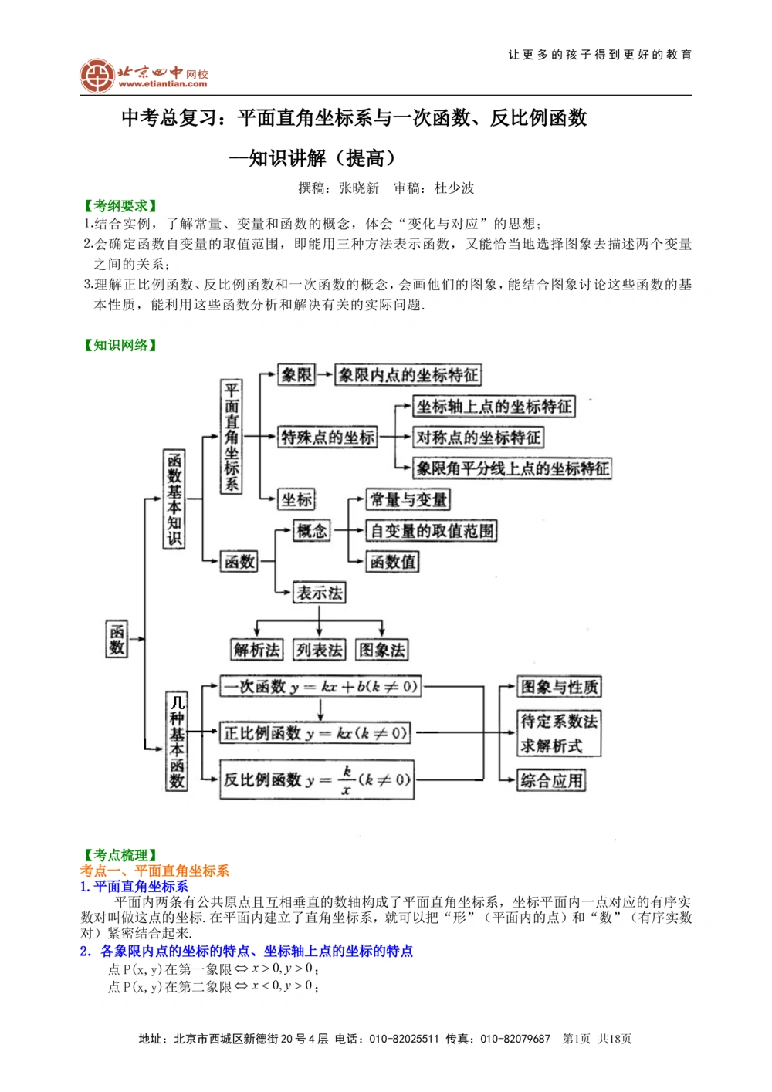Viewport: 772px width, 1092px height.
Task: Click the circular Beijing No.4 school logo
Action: pyautogui.click(x=97, y=76)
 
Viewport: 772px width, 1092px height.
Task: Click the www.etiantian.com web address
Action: pyautogui.click(x=163, y=84)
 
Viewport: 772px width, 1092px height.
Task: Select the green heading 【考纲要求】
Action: pyautogui.click(x=120, y=206)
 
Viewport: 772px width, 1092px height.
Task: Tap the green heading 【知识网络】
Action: pyautogui.click(x=120, y=345)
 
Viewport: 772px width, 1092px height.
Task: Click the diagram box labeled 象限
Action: pyautogui.click(x=296, y=375)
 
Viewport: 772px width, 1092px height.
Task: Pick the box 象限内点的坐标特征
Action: pyautogui.click(x=408, y=375)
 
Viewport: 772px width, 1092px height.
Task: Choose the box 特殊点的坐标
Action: pyautogui.click(x=327, y=438)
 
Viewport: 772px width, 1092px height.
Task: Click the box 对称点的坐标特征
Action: pyautogui.click(x=478, y=438)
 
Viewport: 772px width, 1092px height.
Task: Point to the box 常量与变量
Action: pyautogui.click(x=408, y=499)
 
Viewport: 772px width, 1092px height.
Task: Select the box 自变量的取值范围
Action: pyautogui.click(x=431, y=531)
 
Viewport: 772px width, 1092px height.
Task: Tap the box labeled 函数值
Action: pyautogui.click(x=392, y=562)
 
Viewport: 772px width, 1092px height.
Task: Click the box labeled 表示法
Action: pyautogui.click(x=320, y=593)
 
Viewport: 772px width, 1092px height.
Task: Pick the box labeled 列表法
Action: pyautogui.click(x=319, y=650)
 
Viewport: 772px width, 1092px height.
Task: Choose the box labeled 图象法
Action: pyautogui.click(x=381, y=650)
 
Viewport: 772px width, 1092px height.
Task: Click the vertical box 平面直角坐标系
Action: pyautogui.click(x=231, y=437)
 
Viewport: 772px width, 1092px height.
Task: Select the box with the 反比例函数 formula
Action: pyautogui.click(x=317, y=779)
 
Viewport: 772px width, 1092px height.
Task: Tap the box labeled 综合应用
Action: pyautogui.click(x=551, y=780)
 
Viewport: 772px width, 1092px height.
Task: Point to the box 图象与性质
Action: pyautogui.click(x=559, y=687)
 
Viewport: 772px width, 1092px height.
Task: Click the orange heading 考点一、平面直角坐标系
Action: pyautogui.click(x=154, y=871)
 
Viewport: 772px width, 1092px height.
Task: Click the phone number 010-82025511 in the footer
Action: pyautogui.click(x=404, y=1039)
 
